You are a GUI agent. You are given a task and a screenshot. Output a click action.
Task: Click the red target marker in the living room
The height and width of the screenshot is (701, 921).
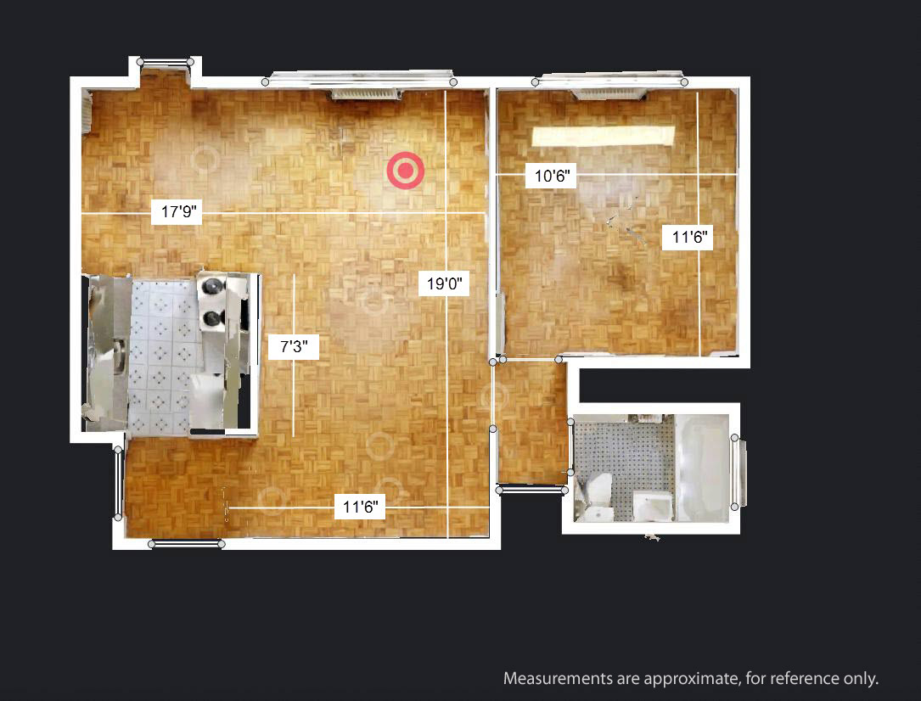pos(405,171)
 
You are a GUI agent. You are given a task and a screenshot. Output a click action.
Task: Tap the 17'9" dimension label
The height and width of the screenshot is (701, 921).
pos(177,211)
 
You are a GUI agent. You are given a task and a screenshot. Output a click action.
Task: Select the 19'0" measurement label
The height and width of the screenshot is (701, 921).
pos(444,283)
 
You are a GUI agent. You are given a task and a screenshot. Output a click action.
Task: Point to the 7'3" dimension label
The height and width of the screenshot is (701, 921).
pos(294,346)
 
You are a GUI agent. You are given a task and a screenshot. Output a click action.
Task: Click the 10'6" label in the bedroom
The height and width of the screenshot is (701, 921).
pos(551,176)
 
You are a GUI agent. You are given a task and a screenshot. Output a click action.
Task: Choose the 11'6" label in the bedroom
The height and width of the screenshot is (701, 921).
pos(688,237)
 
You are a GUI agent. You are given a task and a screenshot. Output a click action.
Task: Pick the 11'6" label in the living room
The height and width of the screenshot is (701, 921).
pos(360,506)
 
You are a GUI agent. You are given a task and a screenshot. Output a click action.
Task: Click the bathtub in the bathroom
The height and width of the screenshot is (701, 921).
pos(703,468)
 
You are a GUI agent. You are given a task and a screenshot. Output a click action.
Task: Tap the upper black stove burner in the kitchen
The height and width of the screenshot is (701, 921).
pos(211,286)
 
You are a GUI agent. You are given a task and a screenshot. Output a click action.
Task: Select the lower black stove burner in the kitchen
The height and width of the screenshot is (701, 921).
pos(211,319)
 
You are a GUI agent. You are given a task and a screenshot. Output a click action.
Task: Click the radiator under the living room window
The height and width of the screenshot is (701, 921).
pos(365,93)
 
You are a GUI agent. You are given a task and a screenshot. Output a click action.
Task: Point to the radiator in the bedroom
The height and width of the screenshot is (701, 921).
pos(609,93)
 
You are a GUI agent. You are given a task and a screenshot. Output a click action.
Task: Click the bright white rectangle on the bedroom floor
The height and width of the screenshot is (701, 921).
pos(604,136)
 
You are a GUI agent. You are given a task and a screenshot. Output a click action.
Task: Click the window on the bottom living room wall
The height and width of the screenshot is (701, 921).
pos(187,544)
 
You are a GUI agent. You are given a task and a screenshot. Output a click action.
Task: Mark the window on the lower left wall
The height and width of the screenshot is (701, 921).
pos(118,483)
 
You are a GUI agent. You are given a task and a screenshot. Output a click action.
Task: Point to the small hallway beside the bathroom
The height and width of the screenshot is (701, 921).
pos(531,423)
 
